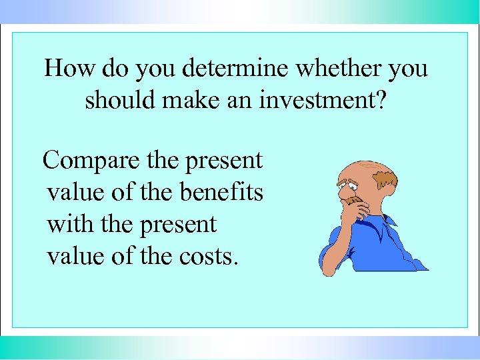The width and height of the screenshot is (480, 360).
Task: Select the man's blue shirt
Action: (x=383, y=243)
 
